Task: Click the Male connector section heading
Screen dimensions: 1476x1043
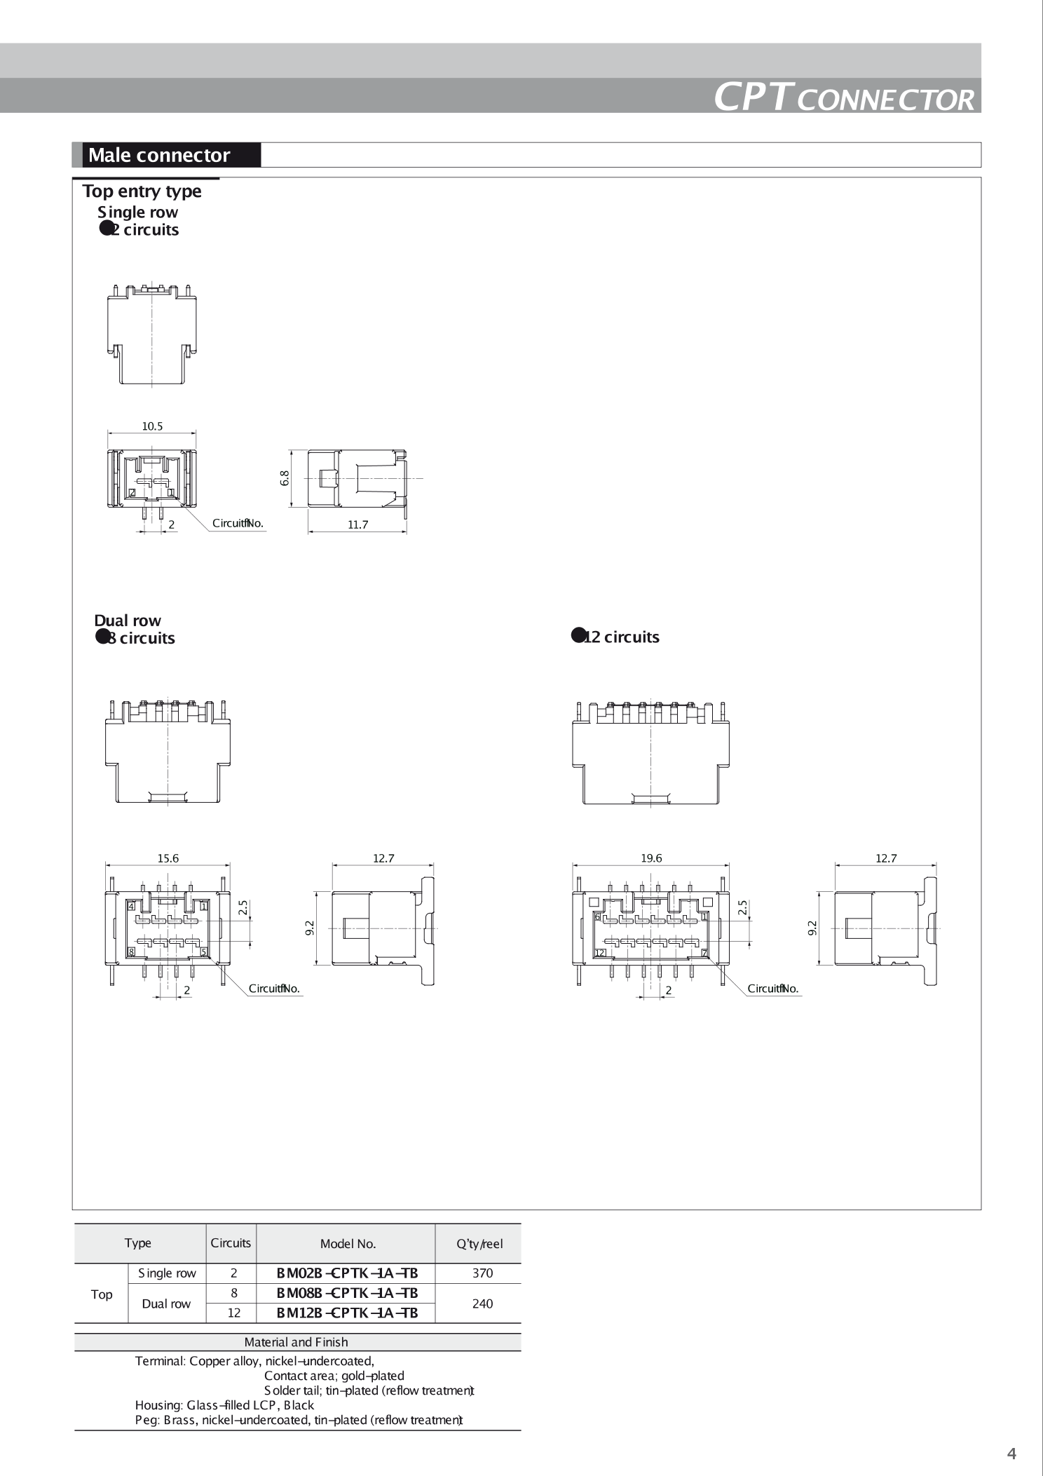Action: pyautogui.click(x=159, y=155)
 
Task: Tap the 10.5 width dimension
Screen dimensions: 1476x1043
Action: pyautogui.click(x=152, y=426)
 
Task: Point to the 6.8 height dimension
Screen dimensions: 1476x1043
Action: pyautogui.click(x=284, y=478)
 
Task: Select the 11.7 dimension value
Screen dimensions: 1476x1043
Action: pyautogui.click(x=357, y=524)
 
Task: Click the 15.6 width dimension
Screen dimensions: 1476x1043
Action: pyautogui.click(x=168, y=858)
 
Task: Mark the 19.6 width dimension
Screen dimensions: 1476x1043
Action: pyautogui.click(x=650, y=858)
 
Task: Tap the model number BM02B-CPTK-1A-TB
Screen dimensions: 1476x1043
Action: pyautogui.click(x=347, y=1273)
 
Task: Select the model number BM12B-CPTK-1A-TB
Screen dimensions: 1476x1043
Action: pyautogui.click(x=347, y=1313)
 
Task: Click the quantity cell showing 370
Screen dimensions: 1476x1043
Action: pyautogui.click(x=482, y=1273)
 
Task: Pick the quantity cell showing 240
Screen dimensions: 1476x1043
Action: pyautogui.click(x=482, y=1304)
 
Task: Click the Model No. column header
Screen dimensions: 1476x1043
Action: pyautogui.click(x=348, y=1244)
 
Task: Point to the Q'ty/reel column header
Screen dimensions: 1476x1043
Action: pyautogui.click(x=479, y=1244)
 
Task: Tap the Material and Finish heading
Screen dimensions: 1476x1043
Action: pyautogui.click(x=296, y=1342)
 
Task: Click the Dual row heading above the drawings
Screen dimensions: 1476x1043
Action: pyautogui.click(x=128, y=621)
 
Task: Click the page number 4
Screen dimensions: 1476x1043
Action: pyautogui.click(x=1011, y=1454)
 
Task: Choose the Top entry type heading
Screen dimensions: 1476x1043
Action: pyautogui.click(x=142, y=191)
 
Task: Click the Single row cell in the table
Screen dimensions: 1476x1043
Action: pyautogui.click(x=167, y=1273)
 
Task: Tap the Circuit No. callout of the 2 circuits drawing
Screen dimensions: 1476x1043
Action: pyautogui.click(x=238, y=523)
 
